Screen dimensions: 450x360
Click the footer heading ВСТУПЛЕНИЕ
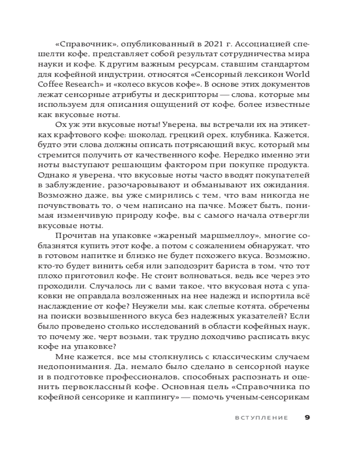click(x=261, y=417)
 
